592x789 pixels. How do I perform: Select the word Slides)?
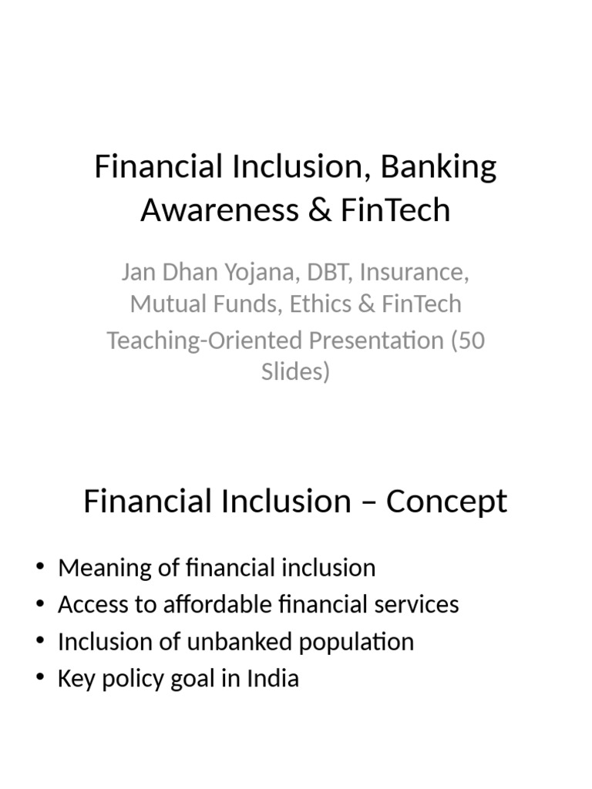[x=295, y=371]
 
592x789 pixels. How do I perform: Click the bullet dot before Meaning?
[x=39, y=569]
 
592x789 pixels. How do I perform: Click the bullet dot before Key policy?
[x=39, y=679]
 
